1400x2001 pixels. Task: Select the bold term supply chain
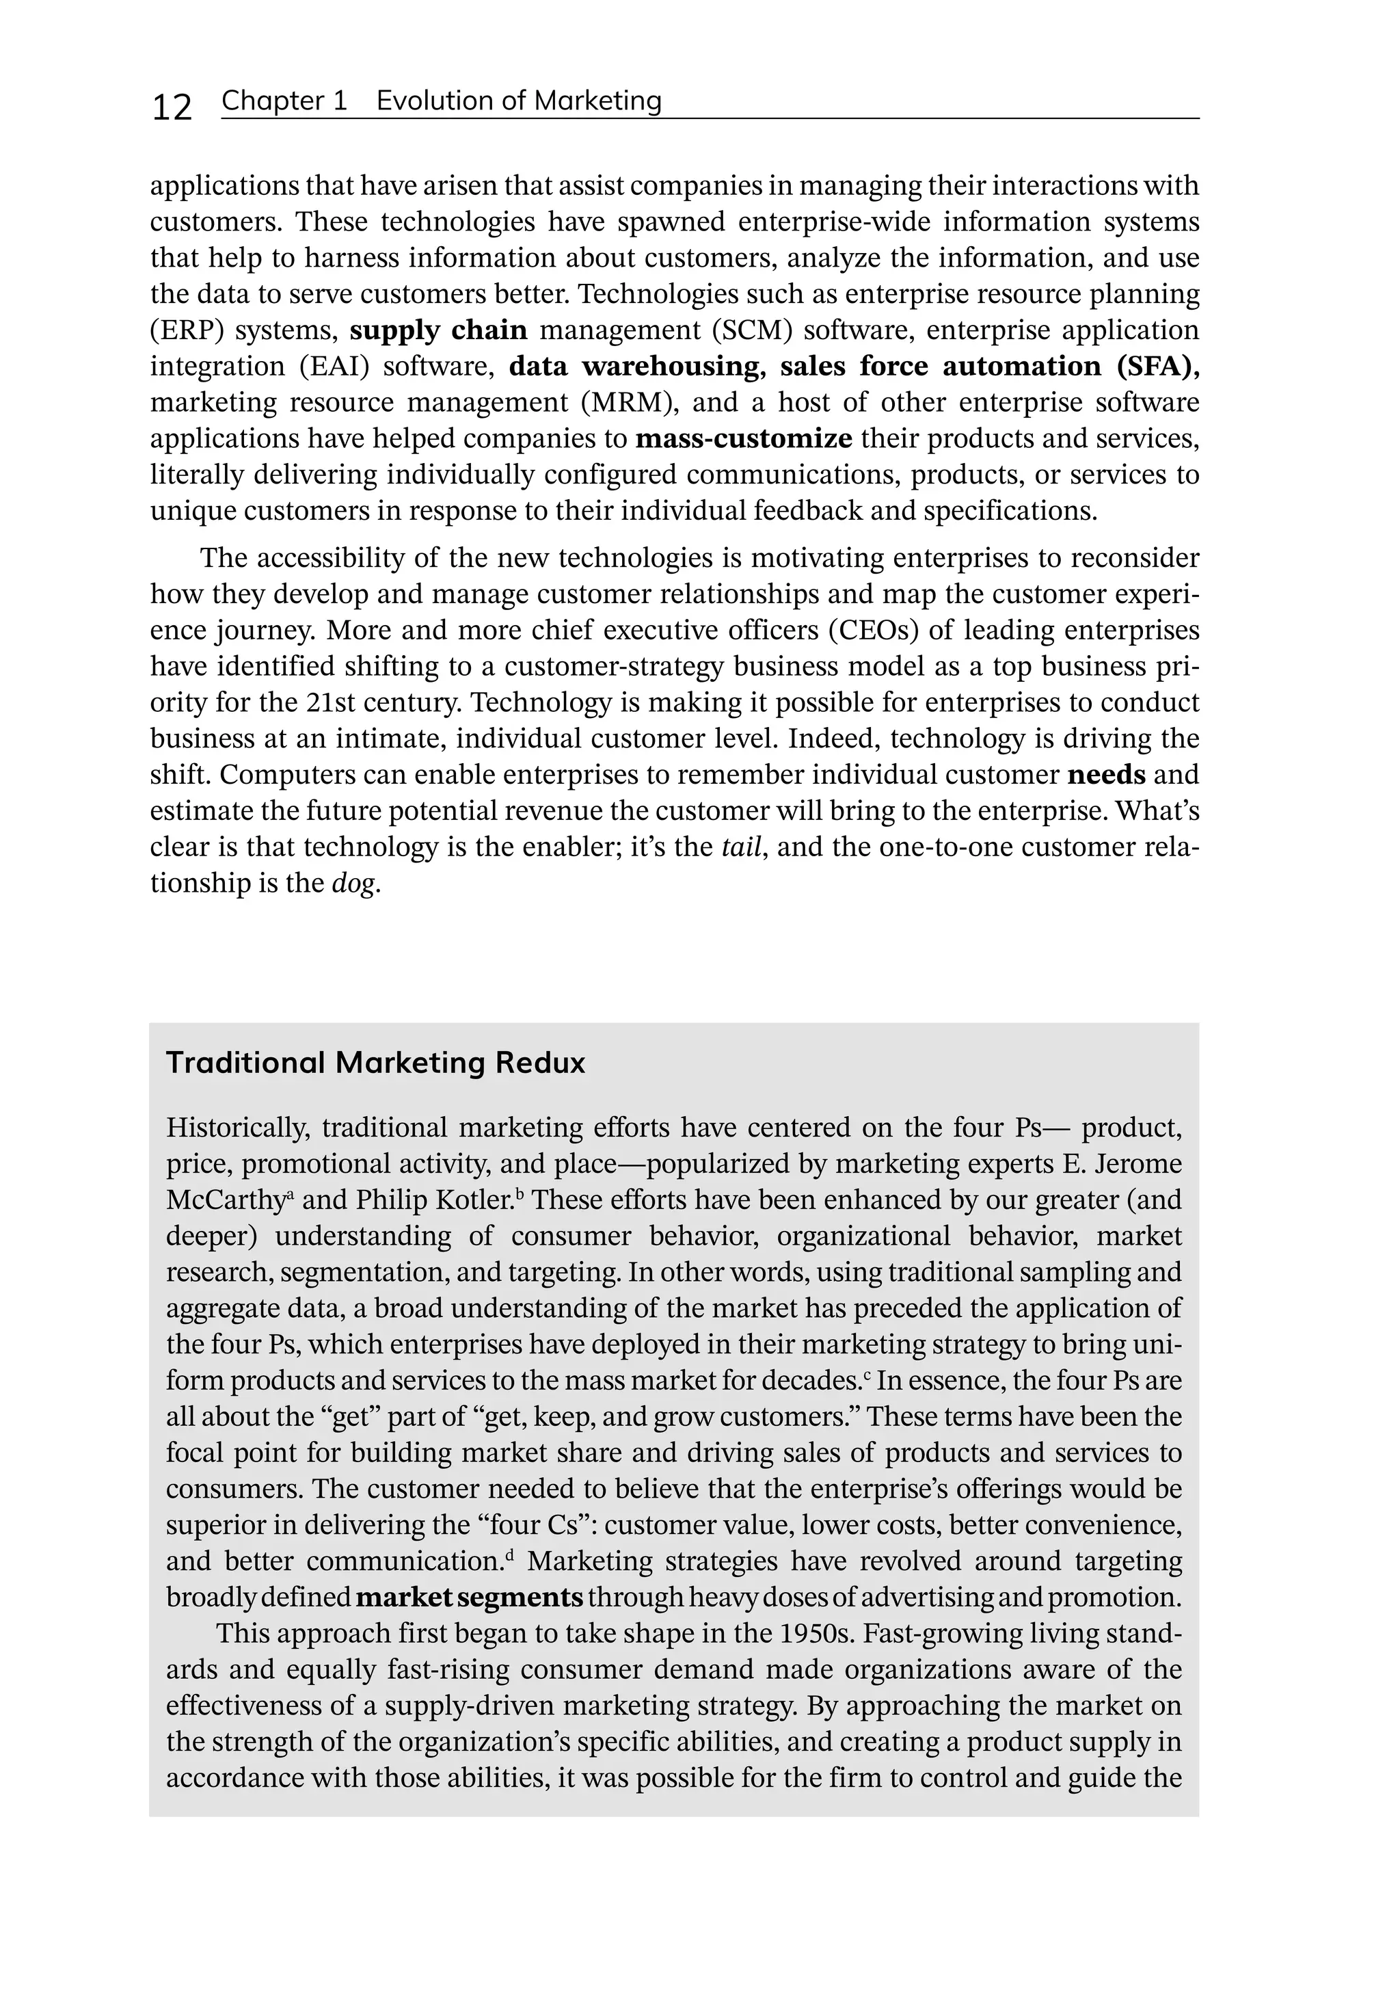438,330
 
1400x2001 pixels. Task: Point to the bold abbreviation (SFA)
1157,366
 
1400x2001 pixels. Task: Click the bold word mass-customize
743,438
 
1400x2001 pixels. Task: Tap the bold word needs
1105,775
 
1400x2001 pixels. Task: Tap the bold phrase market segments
470,1598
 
